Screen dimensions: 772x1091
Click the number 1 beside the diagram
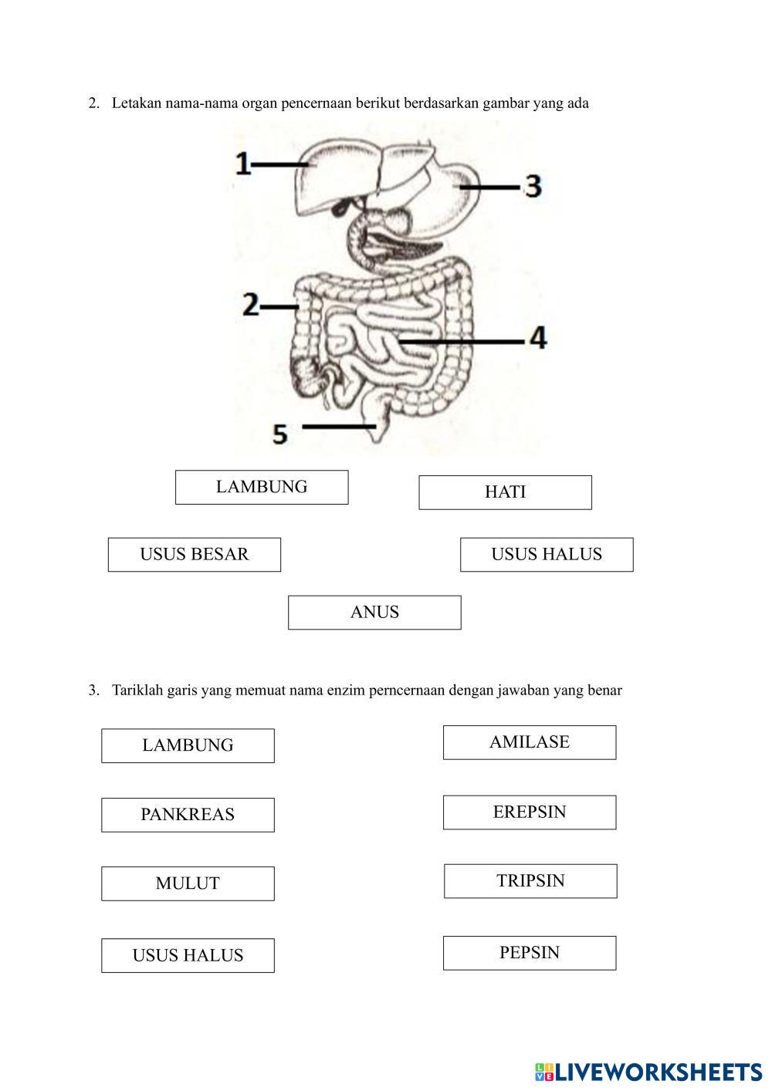[243, 164]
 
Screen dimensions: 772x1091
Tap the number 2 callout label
[250, 305]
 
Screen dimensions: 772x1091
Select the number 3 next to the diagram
[533, 186]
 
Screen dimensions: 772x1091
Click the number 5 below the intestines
[280, 434]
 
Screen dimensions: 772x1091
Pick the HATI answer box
[505, 492]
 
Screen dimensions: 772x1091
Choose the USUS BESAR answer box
[194, 555]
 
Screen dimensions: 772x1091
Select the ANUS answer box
[374, 613]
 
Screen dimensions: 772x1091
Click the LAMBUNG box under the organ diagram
[262, 488]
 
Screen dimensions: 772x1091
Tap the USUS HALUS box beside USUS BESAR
[547, 555]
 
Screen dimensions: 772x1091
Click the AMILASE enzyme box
[530, 742]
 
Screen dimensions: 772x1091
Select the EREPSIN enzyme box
[530, 812]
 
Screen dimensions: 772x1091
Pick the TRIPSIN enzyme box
[530, 881]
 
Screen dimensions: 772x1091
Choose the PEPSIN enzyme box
[530, 953]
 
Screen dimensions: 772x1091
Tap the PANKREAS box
[188, 815]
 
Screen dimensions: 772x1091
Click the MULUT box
[188, 883]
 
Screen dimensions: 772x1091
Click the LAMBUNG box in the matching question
[188, 745]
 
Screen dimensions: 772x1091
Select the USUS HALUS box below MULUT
[188, 955]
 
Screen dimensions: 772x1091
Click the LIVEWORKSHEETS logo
[648, 1072]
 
